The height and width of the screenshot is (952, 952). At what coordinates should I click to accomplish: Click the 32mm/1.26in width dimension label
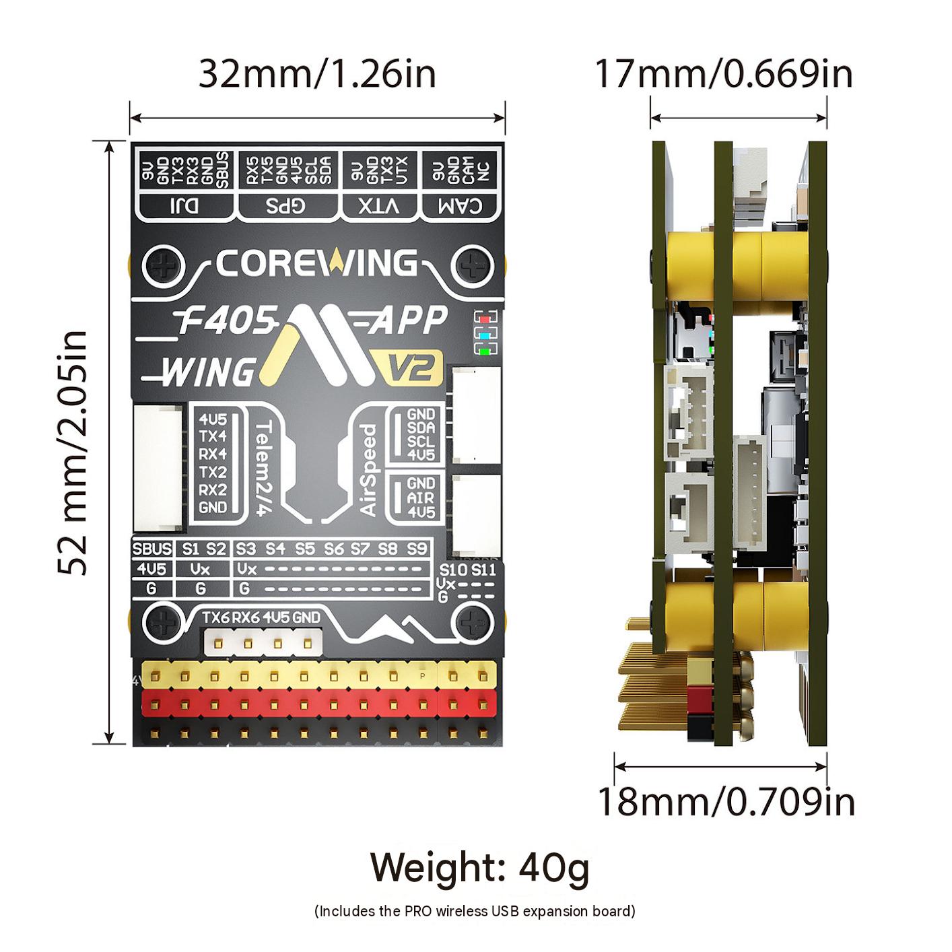pyautogui.click(x=317, y=75)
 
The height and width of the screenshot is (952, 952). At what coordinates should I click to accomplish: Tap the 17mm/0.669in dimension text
pyautogui.click(x=724, y=75)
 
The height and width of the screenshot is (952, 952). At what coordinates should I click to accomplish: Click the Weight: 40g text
pyautogui.click(x=480, y=868)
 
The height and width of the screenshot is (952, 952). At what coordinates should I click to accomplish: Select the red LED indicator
pyautogui.click(x=485, y=319)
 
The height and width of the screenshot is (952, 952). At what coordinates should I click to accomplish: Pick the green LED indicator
pyautogui.click(x=485, y=351)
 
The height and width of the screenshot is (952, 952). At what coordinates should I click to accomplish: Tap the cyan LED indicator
pyautogui.click(x=485, y=335)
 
